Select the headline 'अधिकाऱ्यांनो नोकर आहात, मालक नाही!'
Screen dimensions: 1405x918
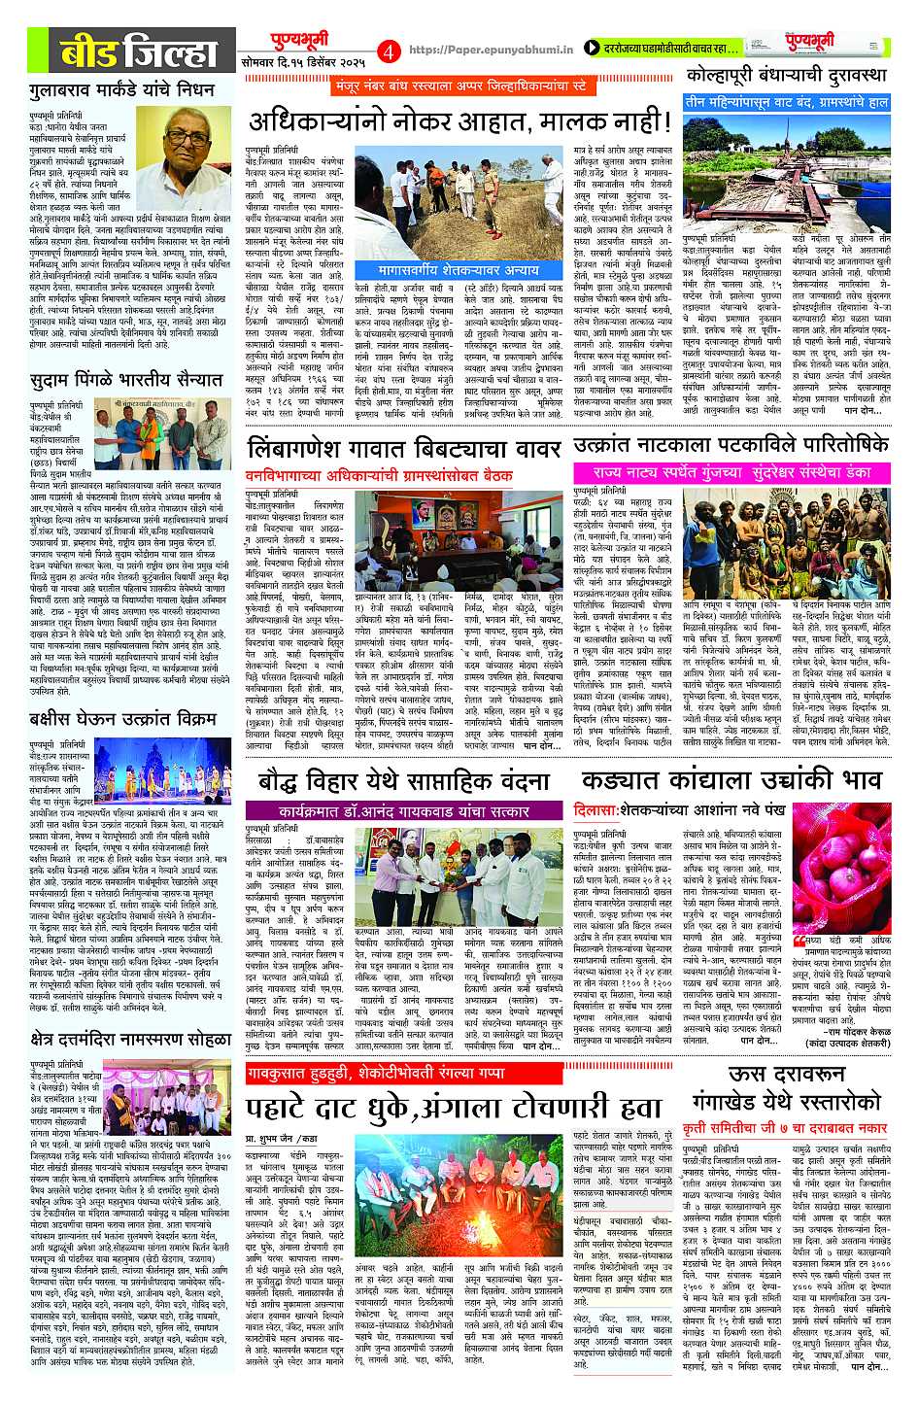click(x=459, y=121)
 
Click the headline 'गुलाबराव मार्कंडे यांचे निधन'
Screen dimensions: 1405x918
click(x=122, y=91)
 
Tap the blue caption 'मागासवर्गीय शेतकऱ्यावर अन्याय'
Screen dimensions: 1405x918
click(x=459, y=269)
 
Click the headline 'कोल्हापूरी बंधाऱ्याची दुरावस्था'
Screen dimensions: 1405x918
click(x=786, y=75)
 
